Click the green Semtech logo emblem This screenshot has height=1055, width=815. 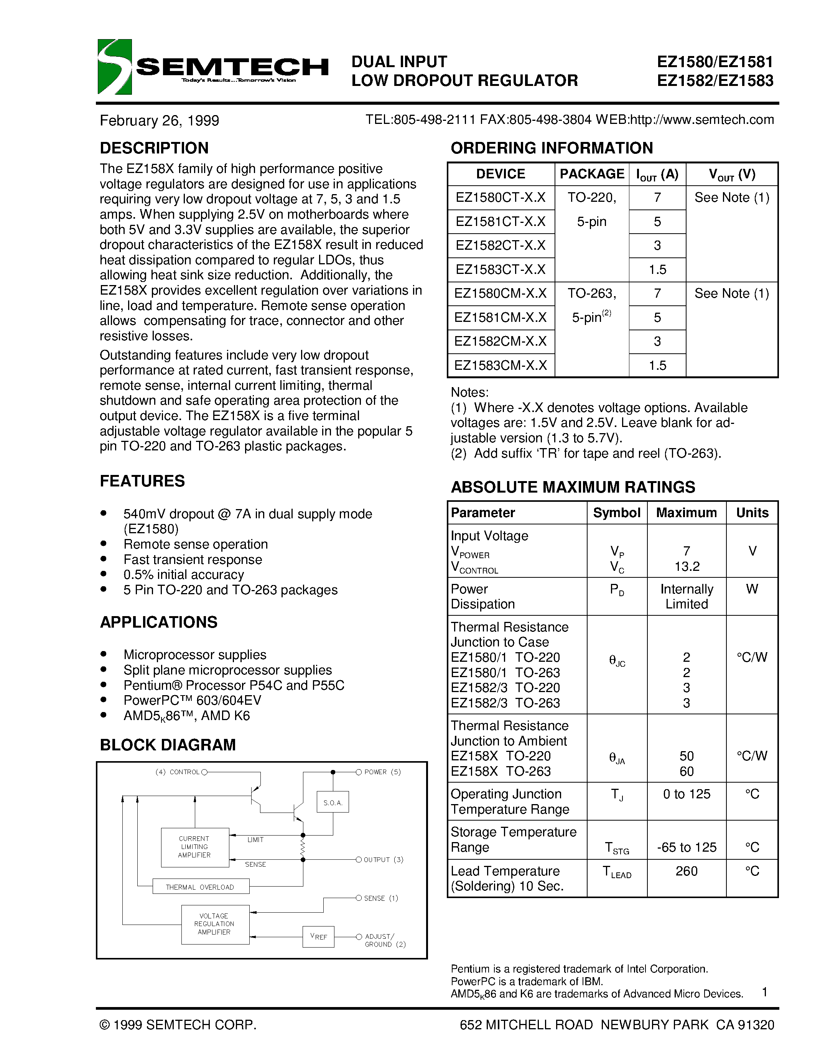pos(114,67)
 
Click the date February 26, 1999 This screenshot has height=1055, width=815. pos(159,120)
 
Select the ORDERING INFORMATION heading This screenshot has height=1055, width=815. pos(552,148)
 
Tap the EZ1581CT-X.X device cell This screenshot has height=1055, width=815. pos(501,222)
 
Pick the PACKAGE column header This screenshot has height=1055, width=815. pos(591,174)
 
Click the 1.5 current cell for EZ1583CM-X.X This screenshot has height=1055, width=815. pos(657,366)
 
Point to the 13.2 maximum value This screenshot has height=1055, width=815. pos(687,566)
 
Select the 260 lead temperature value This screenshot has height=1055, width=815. pos(686,871)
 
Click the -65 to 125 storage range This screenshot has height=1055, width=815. pos(686,847)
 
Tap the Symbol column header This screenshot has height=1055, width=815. pos(617,513)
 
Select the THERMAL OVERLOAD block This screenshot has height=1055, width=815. pos(200,887)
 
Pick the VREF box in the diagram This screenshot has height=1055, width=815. pos(318,937)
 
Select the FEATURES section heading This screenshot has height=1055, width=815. pos(142,481)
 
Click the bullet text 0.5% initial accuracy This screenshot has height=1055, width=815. pos(183,575)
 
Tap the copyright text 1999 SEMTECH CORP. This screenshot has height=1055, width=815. pos(178,1025)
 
